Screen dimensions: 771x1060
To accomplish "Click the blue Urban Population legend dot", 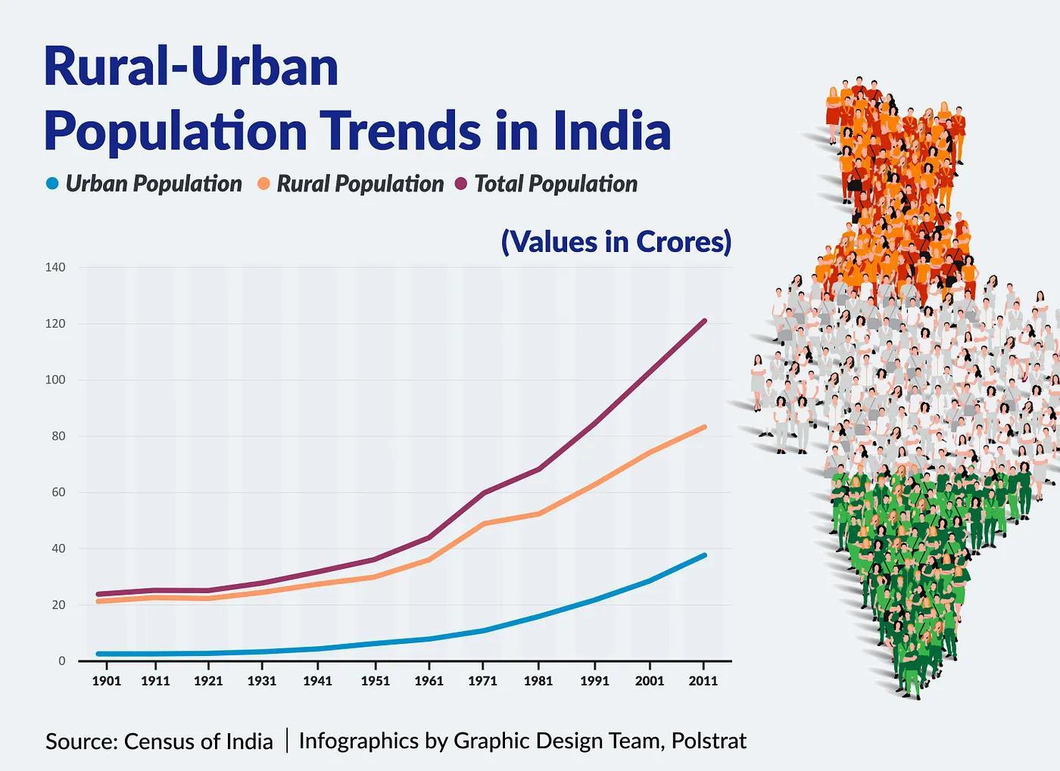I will pos(51,184).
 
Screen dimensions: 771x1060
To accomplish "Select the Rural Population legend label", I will pos(360,184).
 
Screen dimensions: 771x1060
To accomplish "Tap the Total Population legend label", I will pos(556,184).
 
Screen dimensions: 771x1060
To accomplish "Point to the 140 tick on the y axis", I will pos(55,267).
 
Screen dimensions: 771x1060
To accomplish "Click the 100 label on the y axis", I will pos(55,380).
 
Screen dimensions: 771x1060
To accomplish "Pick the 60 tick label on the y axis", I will pos(58,493).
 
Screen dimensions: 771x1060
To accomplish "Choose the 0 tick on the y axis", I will pos(61,661).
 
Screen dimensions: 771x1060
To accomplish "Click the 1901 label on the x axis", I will pos(106,681).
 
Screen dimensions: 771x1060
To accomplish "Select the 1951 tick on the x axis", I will pos(375,681).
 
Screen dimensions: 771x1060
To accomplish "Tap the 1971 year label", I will pos(482,681).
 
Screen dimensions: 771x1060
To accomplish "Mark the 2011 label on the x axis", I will pos(703,681).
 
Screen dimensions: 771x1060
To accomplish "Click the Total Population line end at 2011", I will pos(704,321).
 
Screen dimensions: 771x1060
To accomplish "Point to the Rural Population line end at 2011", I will pos(704,427).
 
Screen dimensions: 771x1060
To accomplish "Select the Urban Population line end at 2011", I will pos(704,555).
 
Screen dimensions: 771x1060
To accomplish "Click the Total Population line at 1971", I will pos(482,493).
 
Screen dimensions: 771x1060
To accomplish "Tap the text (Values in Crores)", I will pos(616,241).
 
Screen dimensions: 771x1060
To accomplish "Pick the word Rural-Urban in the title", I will pos(191,67).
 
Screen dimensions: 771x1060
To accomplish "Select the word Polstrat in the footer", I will pos(709,740).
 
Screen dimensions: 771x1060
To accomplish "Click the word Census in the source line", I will pos(159,741).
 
